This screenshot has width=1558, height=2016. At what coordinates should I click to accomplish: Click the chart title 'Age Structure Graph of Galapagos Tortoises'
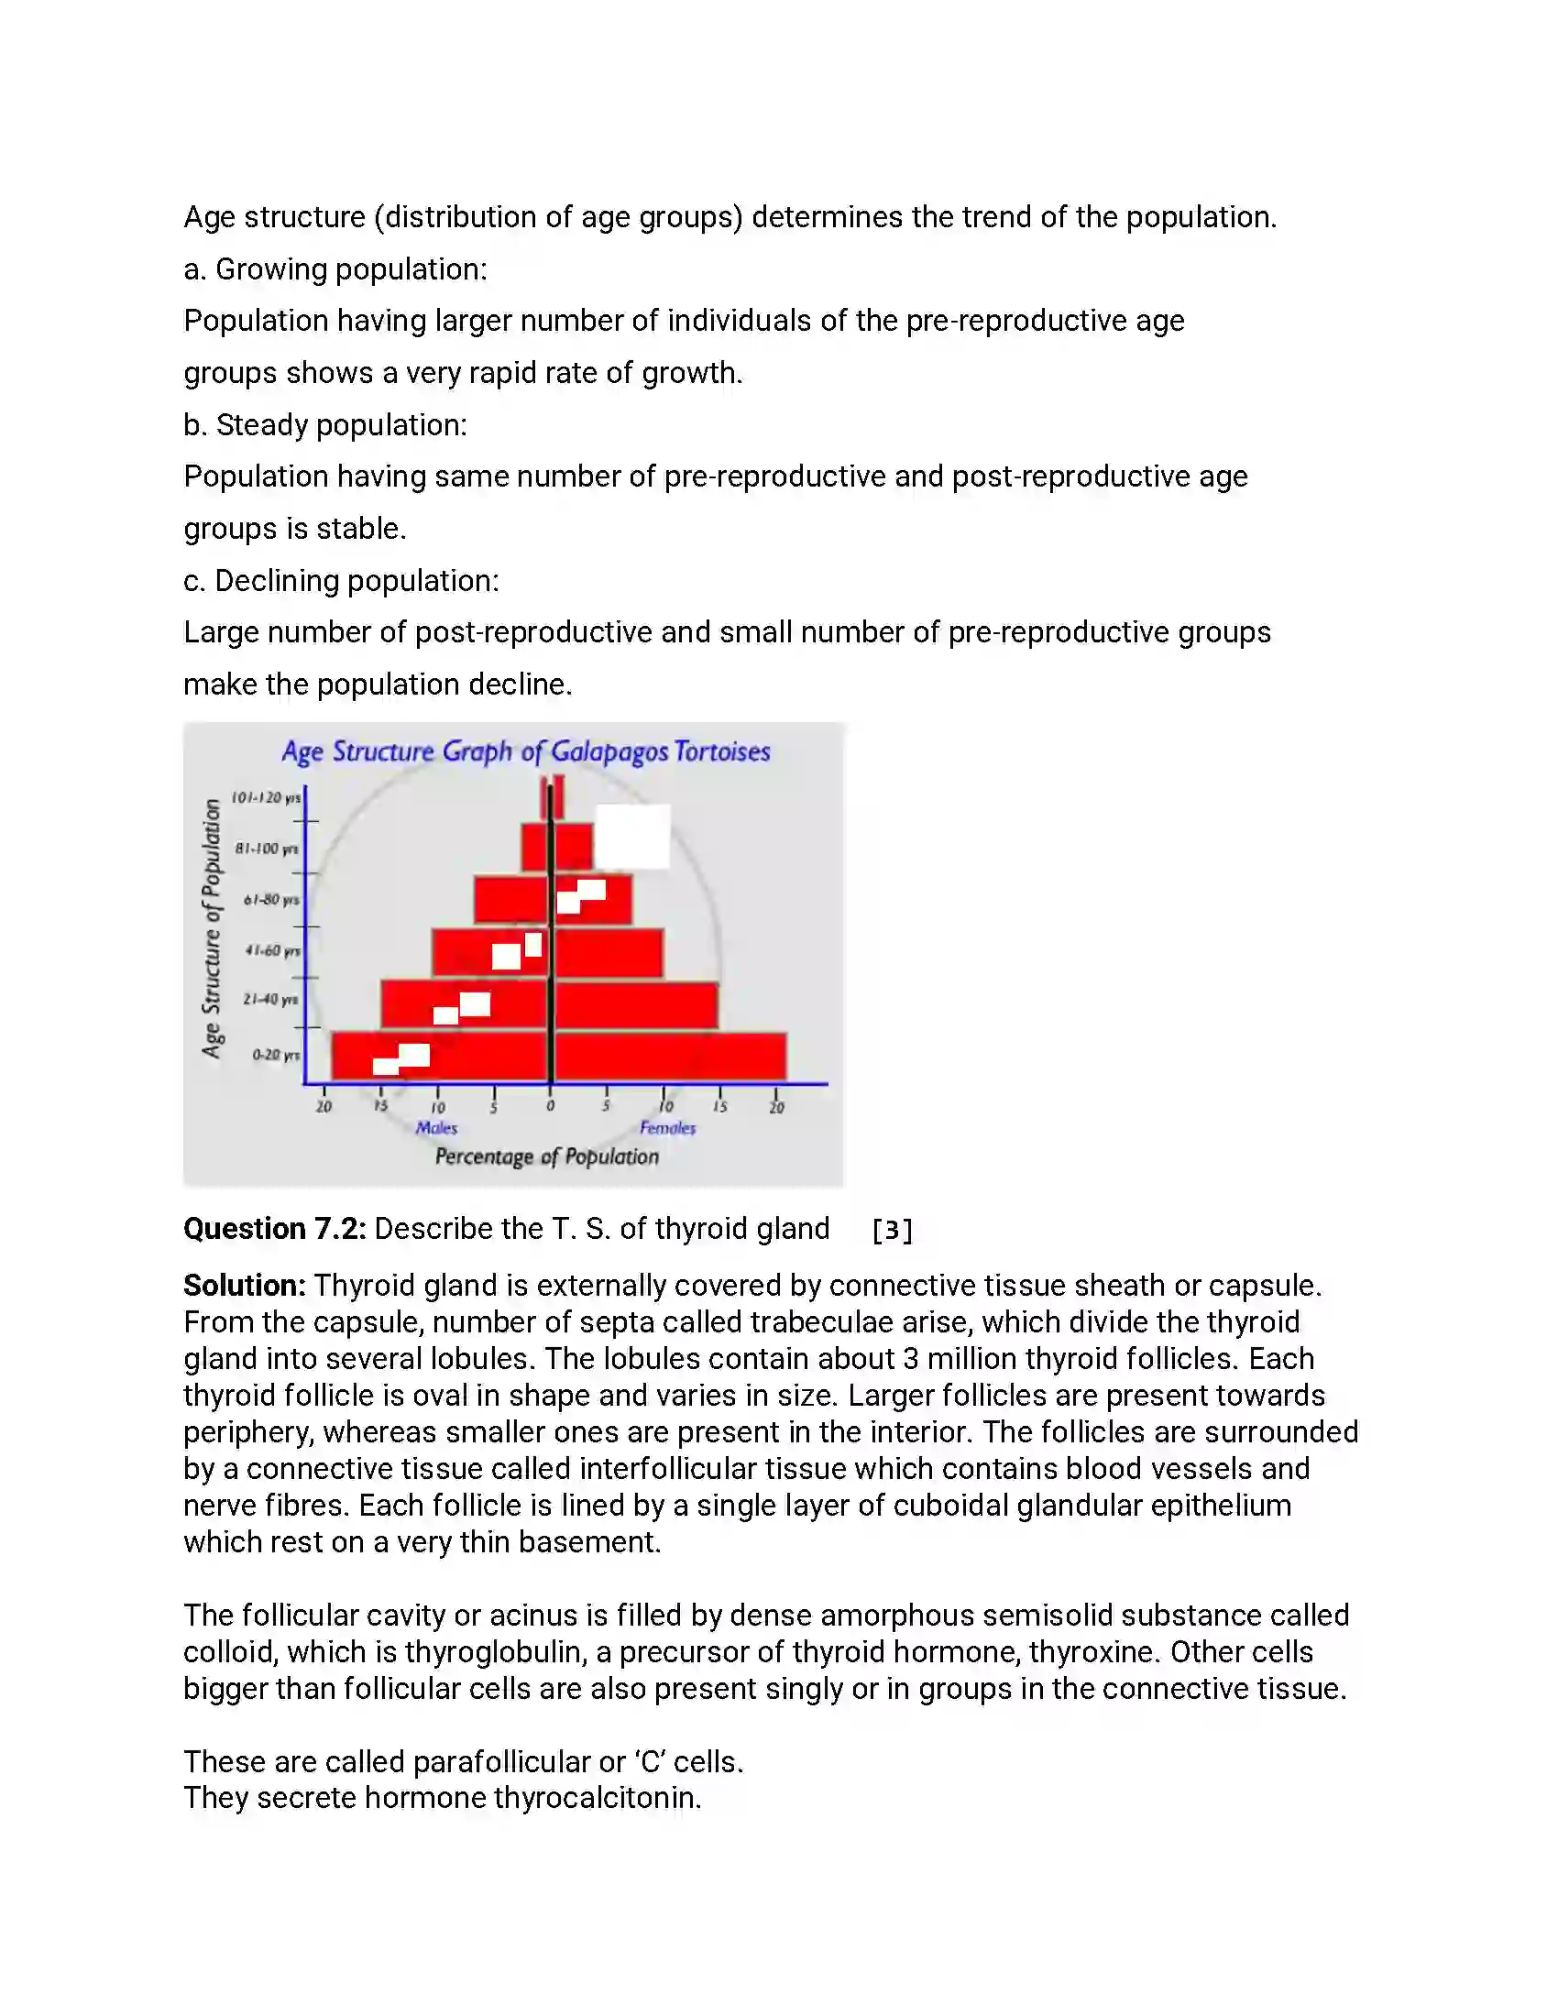click(x=525, y=751)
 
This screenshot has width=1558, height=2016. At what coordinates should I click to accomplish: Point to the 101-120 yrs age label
click(x=266, y=797)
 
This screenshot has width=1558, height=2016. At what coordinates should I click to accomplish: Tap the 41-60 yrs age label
click(x=272, y=951)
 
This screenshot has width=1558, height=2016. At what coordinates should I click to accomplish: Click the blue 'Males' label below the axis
click(x=436, y=1127)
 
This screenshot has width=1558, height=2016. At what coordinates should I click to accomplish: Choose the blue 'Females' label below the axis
click(x=667, y=1127)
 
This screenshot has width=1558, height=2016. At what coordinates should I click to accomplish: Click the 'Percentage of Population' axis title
click(x=546, y=1156)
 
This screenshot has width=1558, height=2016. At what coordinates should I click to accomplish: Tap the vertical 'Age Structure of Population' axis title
click(x=213, y=927)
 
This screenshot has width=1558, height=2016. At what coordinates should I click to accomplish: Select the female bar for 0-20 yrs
click(x=670, y=1056)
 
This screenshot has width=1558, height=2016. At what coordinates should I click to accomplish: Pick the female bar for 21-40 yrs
click(x=636, y=1005)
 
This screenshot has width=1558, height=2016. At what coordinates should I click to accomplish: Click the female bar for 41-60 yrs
click(x=609, y=953)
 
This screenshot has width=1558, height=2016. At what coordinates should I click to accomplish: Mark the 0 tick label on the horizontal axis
click(x=550, y=1106)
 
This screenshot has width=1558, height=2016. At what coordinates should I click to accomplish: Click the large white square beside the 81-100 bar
click(x=632, y=837)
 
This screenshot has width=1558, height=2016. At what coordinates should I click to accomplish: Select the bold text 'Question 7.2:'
click(x=275, y=1229)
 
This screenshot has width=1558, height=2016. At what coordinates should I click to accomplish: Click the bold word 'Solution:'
click(x=245, y=1285)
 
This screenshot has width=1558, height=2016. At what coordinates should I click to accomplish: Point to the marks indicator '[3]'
click(x=892, y=1230)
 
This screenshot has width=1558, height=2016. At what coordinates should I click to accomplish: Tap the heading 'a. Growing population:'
click(x=335, y=268)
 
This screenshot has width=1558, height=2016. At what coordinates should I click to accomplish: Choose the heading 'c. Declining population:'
click(x=341, y=581)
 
